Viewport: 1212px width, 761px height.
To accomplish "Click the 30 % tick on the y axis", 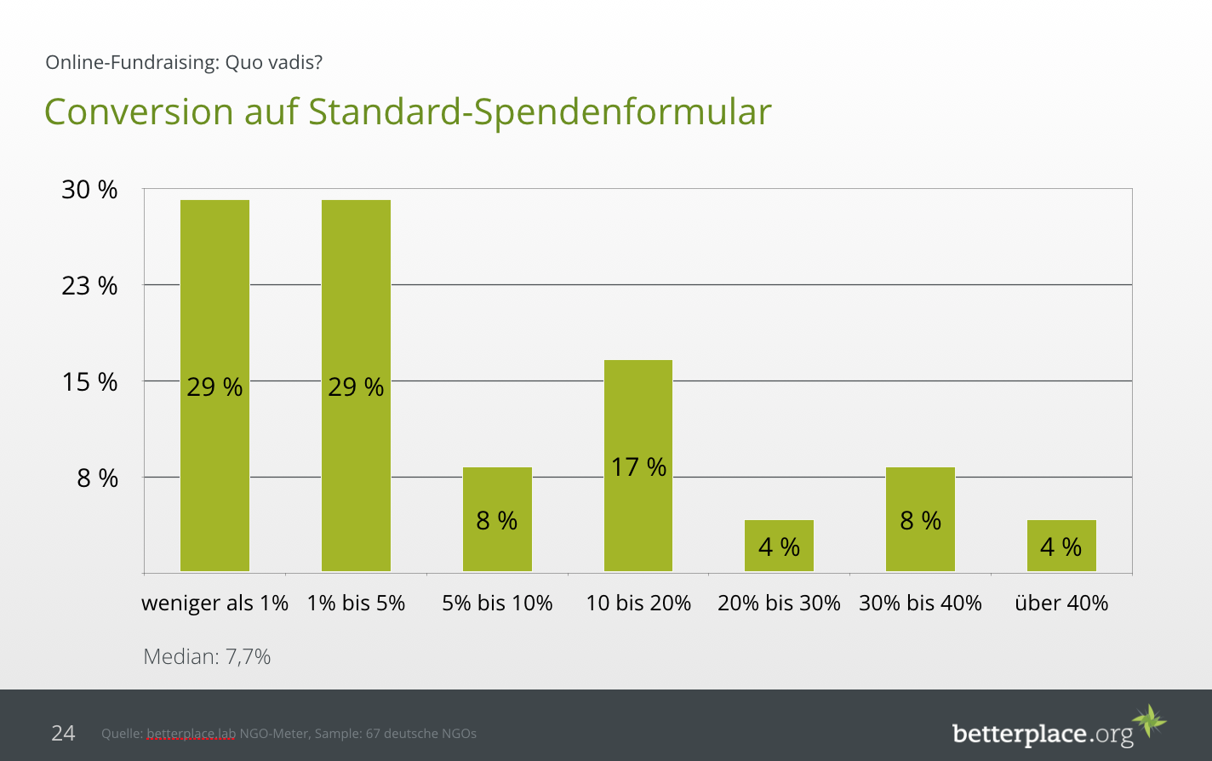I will click(89, 190).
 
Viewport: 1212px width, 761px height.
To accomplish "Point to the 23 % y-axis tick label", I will click(89, 285).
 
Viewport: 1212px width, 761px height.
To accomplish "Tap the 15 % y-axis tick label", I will click(89, 381).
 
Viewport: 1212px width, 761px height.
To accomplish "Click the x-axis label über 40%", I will click(1061, 604).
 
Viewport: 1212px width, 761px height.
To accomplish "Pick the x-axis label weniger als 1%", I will click(214, 604).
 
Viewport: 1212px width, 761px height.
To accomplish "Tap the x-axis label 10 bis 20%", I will click(638, 604).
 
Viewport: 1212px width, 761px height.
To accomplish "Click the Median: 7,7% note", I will click(207, 656).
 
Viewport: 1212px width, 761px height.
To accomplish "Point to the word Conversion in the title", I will click(139, 112).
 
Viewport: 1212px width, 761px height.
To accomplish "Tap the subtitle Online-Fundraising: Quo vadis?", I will click(184, 62).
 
